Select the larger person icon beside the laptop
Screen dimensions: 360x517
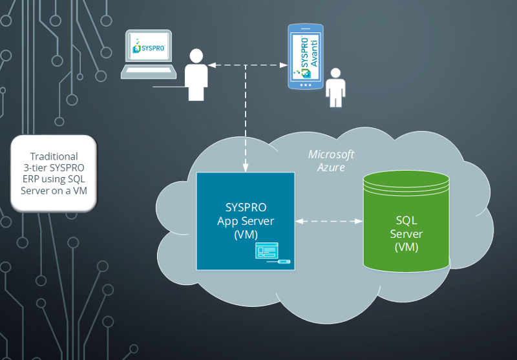(x=196, y=74)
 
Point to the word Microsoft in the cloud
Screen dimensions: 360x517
(x=332, y=154)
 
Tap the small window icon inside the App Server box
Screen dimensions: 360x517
(x=266, y=250)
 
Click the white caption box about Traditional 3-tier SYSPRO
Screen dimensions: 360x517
(x=54, y=173)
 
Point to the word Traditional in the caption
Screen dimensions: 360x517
(x=54, y=156)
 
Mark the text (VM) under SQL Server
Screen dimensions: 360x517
(x=406, y=247)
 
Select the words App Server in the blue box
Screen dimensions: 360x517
(x=246, y=221)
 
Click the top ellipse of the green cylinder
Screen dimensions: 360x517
(x=406, y=178)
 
